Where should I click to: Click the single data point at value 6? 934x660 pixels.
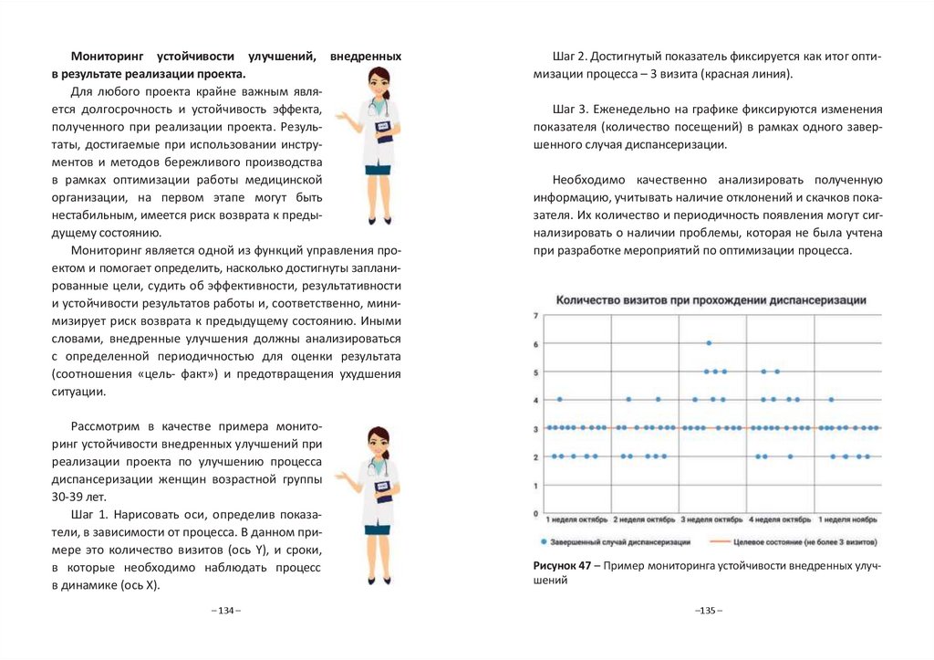pos(709,343)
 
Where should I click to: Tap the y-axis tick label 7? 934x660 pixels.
pos(536,316)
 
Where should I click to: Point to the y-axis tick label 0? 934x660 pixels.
pos(536,512)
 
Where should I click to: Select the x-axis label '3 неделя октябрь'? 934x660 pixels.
pos(712,519)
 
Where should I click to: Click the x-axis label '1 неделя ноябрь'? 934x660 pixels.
pos(847,519)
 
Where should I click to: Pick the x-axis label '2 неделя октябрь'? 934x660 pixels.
pos(645,519)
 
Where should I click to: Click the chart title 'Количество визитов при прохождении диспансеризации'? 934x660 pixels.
pos(711,299)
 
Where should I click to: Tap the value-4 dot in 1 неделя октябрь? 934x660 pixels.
pos(559,399)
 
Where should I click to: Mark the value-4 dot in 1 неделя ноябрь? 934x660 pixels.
pos(831,399)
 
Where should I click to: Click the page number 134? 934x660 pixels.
pos(225,610)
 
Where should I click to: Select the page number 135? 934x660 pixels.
pos(708,610)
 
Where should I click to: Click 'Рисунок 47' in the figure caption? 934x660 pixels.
pos(560,566)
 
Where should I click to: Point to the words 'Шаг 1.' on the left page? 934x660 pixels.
pos(88,514)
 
